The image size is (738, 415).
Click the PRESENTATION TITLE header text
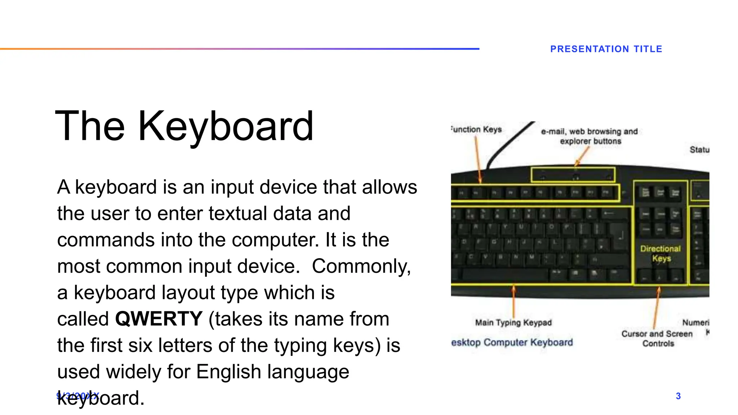606,49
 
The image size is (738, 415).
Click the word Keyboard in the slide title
226,126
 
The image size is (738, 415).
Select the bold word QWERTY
159,319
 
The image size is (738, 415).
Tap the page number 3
678,396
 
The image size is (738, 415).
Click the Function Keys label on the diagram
476,129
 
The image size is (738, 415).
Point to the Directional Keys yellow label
661,253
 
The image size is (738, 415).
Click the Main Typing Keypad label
513,322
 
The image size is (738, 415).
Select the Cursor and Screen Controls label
657,338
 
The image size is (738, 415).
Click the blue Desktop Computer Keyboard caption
512,342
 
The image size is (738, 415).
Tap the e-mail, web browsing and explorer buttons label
590,136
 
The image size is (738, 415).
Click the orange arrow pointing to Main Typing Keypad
514,303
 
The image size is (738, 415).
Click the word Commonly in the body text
361,266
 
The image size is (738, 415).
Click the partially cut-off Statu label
699,150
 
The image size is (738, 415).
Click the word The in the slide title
90,126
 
